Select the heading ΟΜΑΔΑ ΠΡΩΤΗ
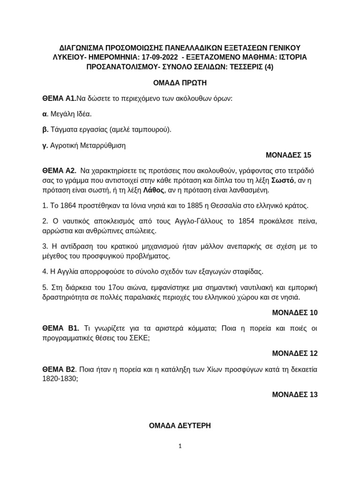(180, 82)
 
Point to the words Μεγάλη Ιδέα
(71, 113)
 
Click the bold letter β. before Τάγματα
(45, 129)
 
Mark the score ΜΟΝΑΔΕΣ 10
(294, 312)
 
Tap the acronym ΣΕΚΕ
(138, 338)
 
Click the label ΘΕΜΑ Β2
(59, 369)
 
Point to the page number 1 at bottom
(180, 446)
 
